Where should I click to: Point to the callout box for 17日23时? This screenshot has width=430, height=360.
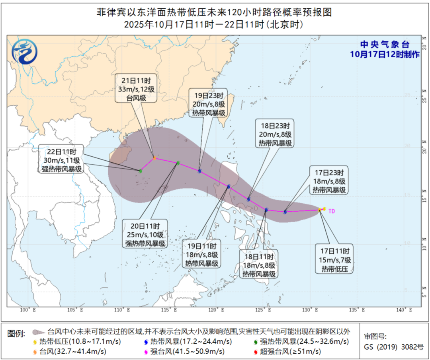(329, 181)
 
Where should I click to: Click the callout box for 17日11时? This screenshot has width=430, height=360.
(334, 260)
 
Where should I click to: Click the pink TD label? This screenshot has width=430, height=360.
(331, 212)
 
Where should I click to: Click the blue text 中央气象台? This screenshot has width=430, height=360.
(384, 45)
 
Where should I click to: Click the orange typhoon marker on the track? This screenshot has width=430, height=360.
(154, 158)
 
